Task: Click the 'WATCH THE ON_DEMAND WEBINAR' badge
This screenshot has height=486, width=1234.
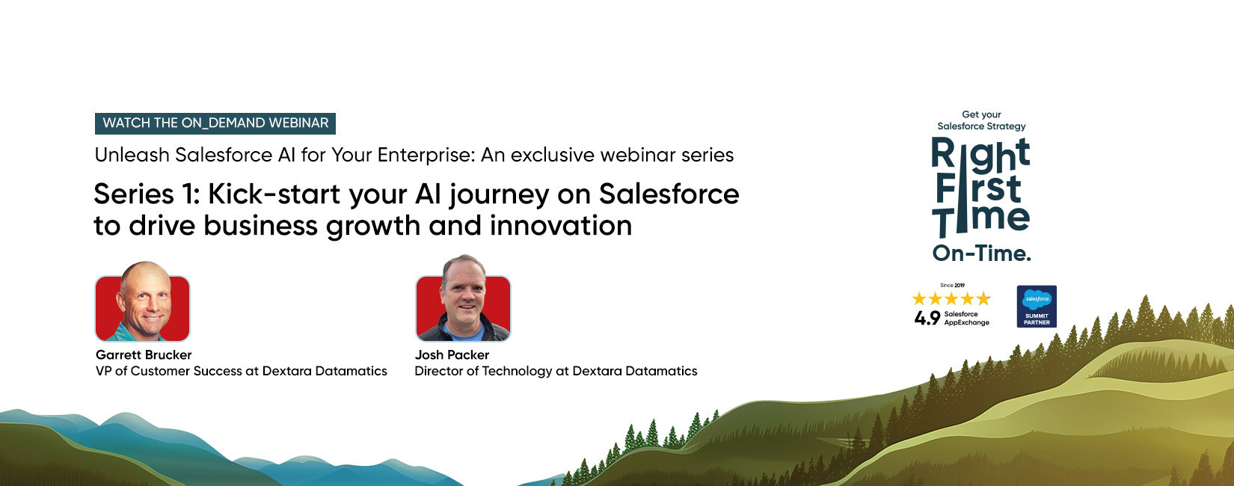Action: pyautogui.click(x=215, y=123)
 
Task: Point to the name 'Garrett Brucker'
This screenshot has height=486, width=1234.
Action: pyautogui.click(x=144, y=355)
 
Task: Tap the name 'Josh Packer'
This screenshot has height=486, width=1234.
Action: pyautogui.click(x=452, y=355)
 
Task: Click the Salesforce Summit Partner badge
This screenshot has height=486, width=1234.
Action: pyautogui.click(x=1037, y=307)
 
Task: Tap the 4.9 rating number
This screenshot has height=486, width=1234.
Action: pyautogui.click(x=927, y=319)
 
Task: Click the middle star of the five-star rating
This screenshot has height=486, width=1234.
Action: pyautogui.click(x=951, y=299)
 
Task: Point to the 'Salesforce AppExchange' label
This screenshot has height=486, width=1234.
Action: pyautogui.click(x=966, y=319)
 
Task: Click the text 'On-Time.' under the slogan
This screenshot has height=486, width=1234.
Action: pyautogui.click(x=981, y=254)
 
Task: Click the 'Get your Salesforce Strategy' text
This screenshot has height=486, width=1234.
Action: pyautogui.click(x=981, y=120)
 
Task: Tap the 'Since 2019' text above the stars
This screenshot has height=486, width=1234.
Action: pyautogui.click(x=952, y=286)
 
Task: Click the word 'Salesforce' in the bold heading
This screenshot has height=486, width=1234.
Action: pyautogui.click(x=669, y=194)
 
